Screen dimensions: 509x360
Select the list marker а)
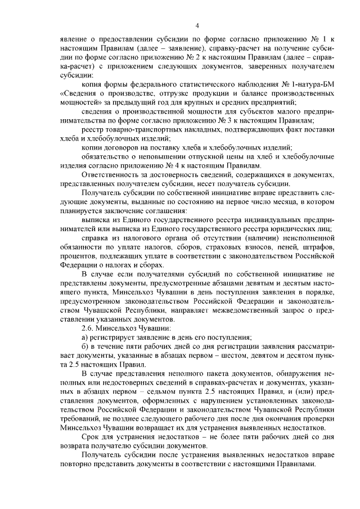pos(85,337)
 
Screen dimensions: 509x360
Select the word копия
pos(92,84)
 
